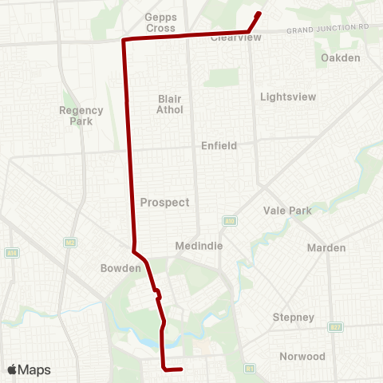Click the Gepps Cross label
point(160,22)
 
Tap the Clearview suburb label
point(231,38)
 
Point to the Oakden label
point(341,58)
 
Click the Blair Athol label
point(170,104)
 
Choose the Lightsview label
point(288,97)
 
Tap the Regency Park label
point(81,116)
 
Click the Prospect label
point(164,203)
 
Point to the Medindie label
point(199,247)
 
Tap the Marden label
point(327,248)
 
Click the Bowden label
point(120,269)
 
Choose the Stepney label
point(294,318)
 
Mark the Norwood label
point(302,356)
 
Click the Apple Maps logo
point(28,369)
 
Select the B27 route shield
point(335,327)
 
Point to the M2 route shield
point(70,242)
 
